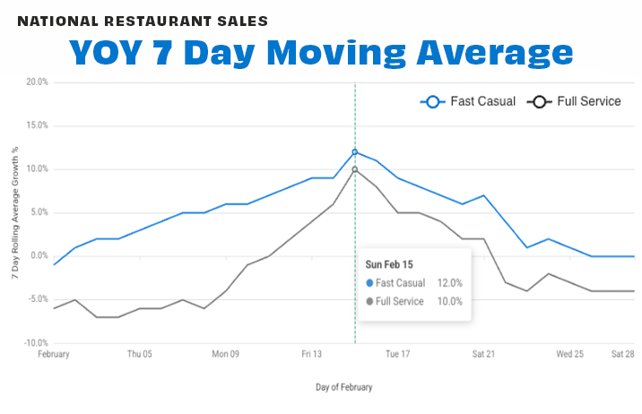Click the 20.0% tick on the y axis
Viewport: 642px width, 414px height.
coord(36,82)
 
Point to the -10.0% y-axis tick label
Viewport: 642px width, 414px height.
coord(35,343)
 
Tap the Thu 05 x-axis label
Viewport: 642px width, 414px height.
coord(140,355)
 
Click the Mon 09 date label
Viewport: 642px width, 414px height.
coord(226,355)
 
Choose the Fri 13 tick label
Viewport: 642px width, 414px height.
coord(311,355)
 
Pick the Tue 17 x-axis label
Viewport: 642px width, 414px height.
coord(397,355)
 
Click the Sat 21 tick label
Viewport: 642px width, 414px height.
coord(484,355)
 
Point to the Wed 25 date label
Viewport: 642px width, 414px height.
coord(570,355)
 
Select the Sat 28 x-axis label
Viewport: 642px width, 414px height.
coord(621,355)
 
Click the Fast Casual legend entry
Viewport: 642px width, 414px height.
coord(468,102)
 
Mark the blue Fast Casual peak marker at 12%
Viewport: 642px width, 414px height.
coord(355,151)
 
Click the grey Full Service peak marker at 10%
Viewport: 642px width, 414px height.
coord(355,169)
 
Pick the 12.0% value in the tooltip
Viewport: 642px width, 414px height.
coord(449,283)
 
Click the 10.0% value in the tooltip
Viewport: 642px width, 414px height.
coord(449,301)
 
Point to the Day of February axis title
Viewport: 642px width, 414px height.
coord(343,388)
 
